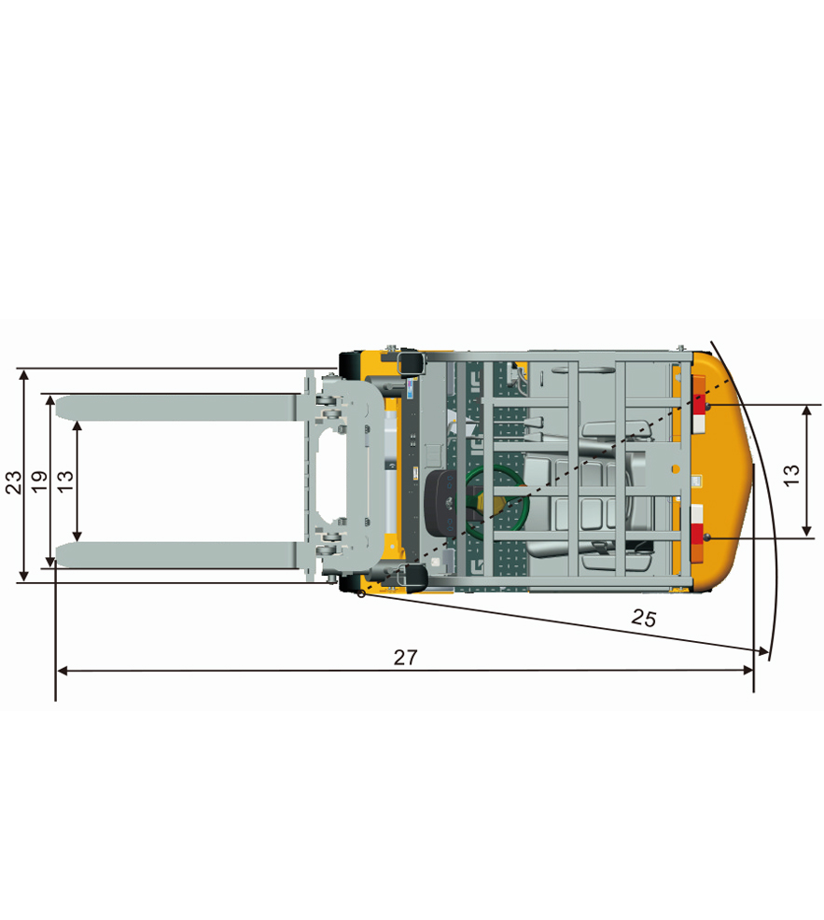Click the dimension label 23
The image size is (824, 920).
coord(13,482)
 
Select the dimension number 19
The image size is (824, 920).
coord(39,482)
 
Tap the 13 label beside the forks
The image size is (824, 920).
coord(65,481)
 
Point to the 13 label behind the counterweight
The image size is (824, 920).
coord(791,475)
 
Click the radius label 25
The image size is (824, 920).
coord(644,618)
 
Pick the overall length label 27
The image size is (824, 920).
coord(405,658)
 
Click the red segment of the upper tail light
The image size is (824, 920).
coord(699,405)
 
